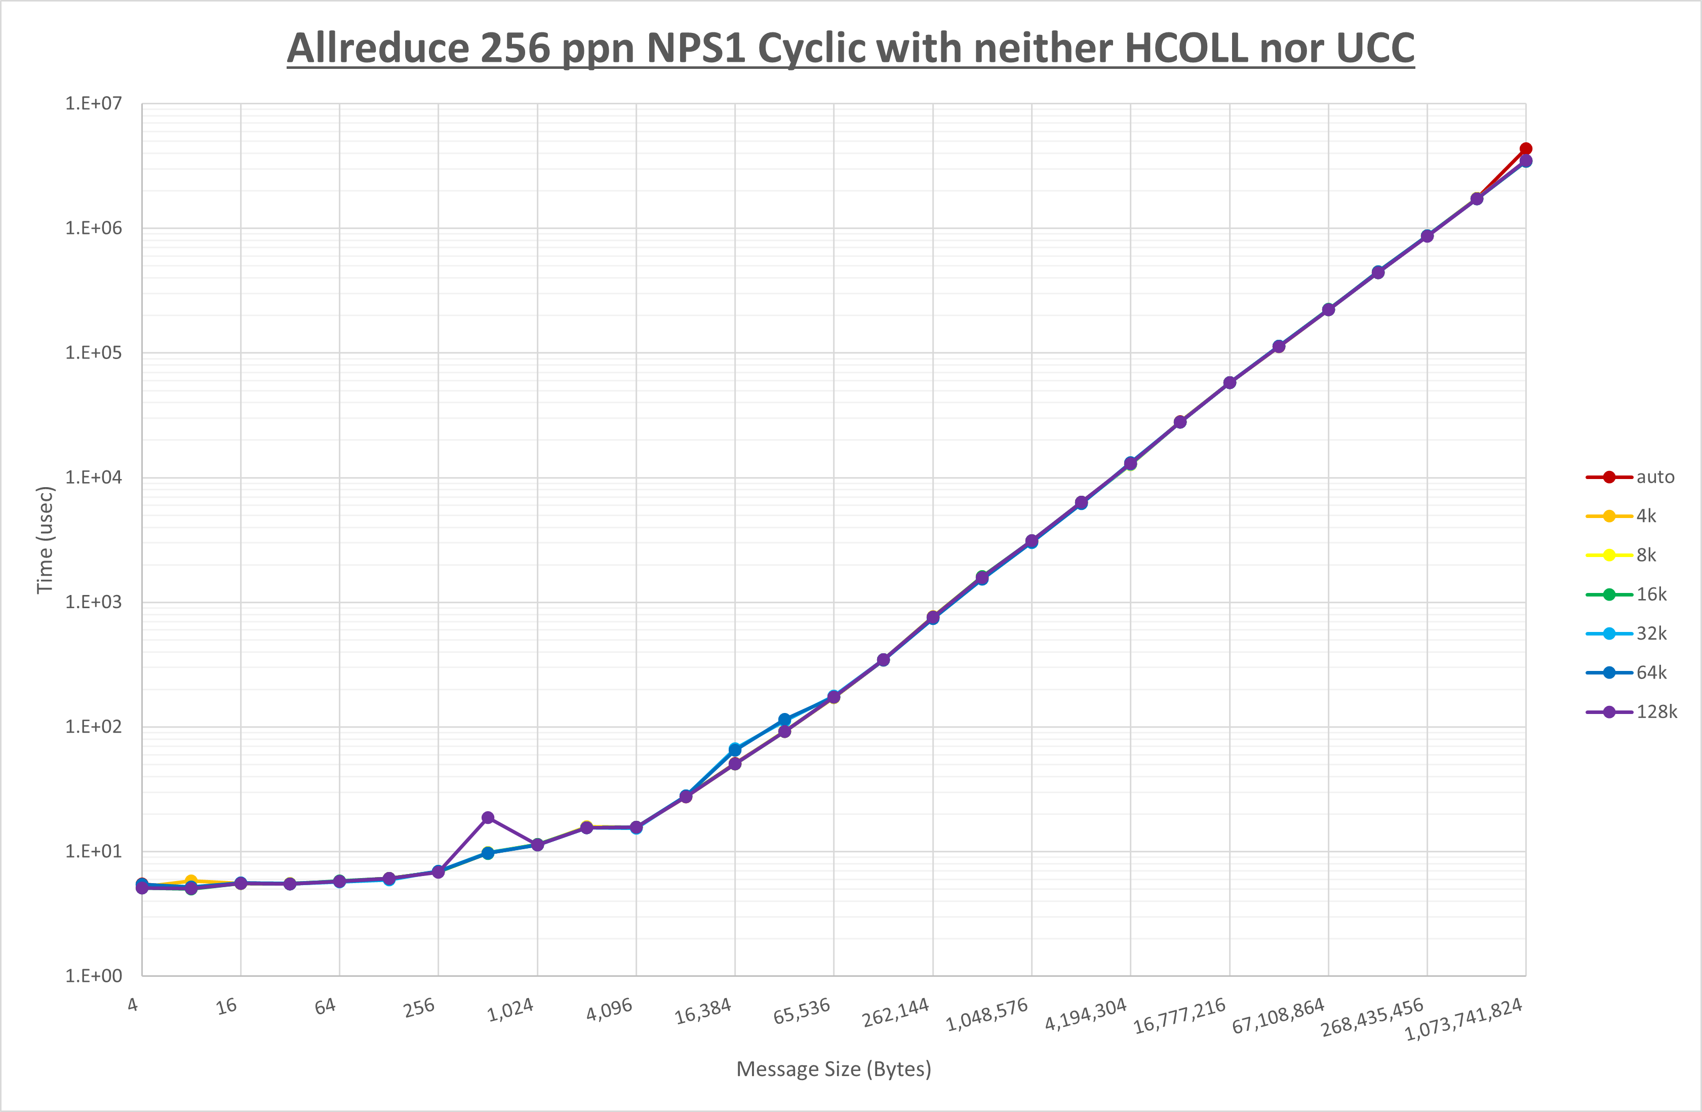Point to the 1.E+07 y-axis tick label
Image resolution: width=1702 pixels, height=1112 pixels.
pos(94,104)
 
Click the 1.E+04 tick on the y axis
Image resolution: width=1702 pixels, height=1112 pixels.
pos(94,477)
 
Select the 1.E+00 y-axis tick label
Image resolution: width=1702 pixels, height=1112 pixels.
pos(94,976)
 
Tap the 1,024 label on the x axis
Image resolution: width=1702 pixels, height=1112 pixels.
pos(510,1010)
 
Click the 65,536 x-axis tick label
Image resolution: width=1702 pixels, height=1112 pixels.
pos(802,1010)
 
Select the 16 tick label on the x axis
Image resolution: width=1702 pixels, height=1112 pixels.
pos(227,1006)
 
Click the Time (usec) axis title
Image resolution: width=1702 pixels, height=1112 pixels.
pos(45,540)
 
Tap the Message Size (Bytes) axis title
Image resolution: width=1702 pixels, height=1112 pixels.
pos(834,1069)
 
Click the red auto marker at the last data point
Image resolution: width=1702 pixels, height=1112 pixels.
pos(1525,149)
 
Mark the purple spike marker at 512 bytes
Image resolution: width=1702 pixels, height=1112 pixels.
pos(488,817)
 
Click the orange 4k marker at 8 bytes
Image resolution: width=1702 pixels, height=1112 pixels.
pos(191,881)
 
